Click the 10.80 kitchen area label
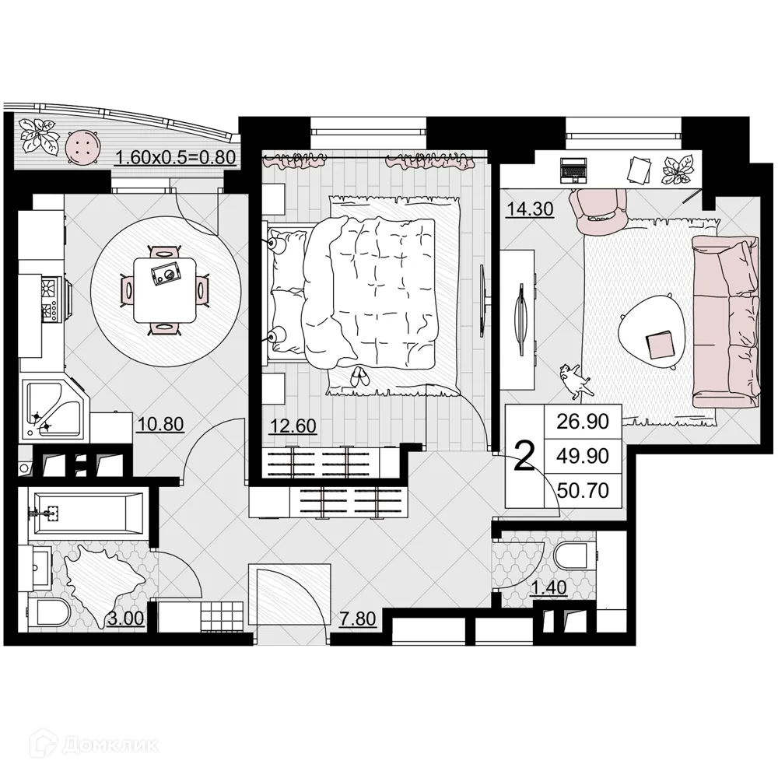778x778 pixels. pos(159,425)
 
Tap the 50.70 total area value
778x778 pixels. pos(583,489)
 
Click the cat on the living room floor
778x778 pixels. pos(574,378)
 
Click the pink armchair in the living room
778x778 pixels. pos(598,209)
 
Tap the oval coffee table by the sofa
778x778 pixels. pos(654,331)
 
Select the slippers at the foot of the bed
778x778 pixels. pos(359,377)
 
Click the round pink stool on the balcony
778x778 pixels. pos(82,146)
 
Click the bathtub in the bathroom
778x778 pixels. pos(85,513)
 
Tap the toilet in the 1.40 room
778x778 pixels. pos(574,558)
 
